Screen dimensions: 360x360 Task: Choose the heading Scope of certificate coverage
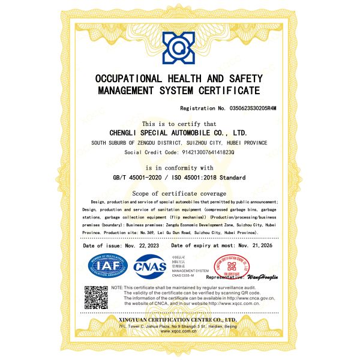pos(179,194)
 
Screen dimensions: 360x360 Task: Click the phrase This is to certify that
pos(179,123)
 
